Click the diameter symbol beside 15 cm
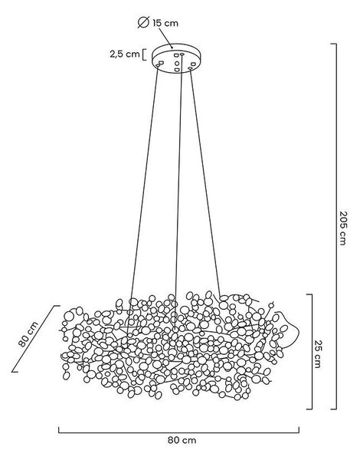[x=144, y=22]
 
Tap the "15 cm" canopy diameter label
[x=165, y=23]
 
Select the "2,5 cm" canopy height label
[x=125, y=54]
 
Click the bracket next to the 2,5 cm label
[x=144, y=55]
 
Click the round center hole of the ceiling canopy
[x=177, y=63]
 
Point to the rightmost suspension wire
[x=205, y=182]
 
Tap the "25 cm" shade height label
[x=318, y=353]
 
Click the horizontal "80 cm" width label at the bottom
[x=182, y=440]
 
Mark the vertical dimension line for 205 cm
[x=335, y=226]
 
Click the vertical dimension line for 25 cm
[x=312, y=351]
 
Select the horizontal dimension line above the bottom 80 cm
[x=178, y=432]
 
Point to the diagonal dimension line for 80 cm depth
[x=35, y=339]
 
